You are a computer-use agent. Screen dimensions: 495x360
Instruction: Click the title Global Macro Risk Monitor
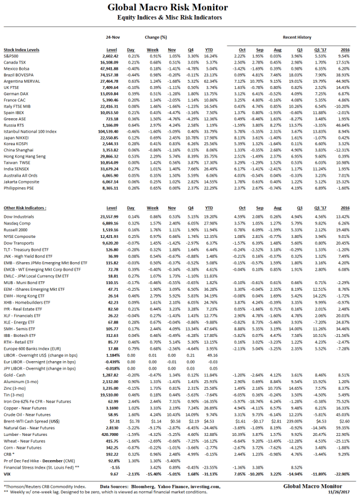pos(180,7)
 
